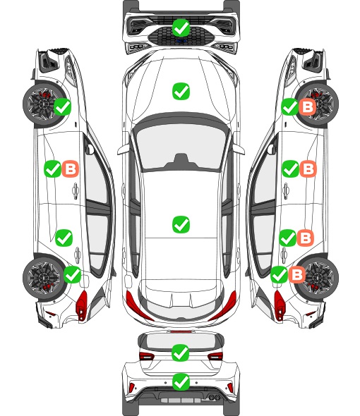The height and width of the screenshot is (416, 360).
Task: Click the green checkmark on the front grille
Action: click(181, 27)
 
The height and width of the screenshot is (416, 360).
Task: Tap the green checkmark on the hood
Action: click(181, 91)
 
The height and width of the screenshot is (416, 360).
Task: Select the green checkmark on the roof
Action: click(181, 224)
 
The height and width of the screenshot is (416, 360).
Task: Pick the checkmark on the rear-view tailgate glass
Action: click(181, 353)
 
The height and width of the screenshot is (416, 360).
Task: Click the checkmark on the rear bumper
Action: click(181, 381)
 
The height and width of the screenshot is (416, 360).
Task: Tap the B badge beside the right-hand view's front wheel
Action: click(307, 107)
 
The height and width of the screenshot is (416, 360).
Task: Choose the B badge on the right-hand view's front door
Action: click(308, 169)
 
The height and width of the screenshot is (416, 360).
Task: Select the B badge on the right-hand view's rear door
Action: click(305, 238)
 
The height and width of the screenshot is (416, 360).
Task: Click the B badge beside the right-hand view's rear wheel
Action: click(297, 274)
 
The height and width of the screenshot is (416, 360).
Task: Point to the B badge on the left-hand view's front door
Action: click(71, 169)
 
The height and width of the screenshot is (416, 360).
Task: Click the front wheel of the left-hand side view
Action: click(42, 104)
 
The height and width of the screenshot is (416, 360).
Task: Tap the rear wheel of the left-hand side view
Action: click(42, 279)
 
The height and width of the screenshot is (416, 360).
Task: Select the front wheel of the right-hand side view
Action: click(318, 104)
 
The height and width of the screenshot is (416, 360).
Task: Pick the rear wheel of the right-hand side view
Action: click(318, 279)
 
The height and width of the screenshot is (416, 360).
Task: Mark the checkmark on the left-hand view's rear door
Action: click(64, 238)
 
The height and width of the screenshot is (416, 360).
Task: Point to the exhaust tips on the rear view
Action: click(213, 397)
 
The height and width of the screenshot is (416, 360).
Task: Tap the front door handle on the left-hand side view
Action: click(76, 190)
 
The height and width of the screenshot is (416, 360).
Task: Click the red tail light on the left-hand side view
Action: click(82, 305)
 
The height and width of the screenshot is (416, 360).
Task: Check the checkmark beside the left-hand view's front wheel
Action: click(62, 106)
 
